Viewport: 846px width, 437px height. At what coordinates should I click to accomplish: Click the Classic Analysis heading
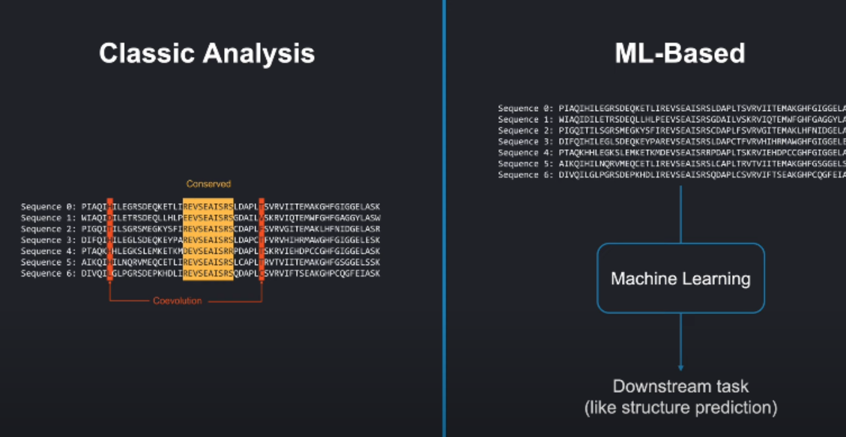[207, 53]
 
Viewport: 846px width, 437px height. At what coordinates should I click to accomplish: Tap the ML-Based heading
[680, 53]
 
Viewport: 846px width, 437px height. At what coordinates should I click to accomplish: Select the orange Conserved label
[208, 184]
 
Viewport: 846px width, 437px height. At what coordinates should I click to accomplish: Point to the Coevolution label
[178, 301]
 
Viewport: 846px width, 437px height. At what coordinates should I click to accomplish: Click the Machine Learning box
[680, 279]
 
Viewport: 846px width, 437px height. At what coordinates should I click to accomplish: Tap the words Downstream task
[680, 387]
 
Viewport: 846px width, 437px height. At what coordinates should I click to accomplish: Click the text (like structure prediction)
[680, 409]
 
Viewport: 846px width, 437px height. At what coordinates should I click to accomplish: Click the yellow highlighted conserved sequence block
[208, 240]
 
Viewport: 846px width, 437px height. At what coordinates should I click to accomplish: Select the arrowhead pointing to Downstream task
[680, 367]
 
